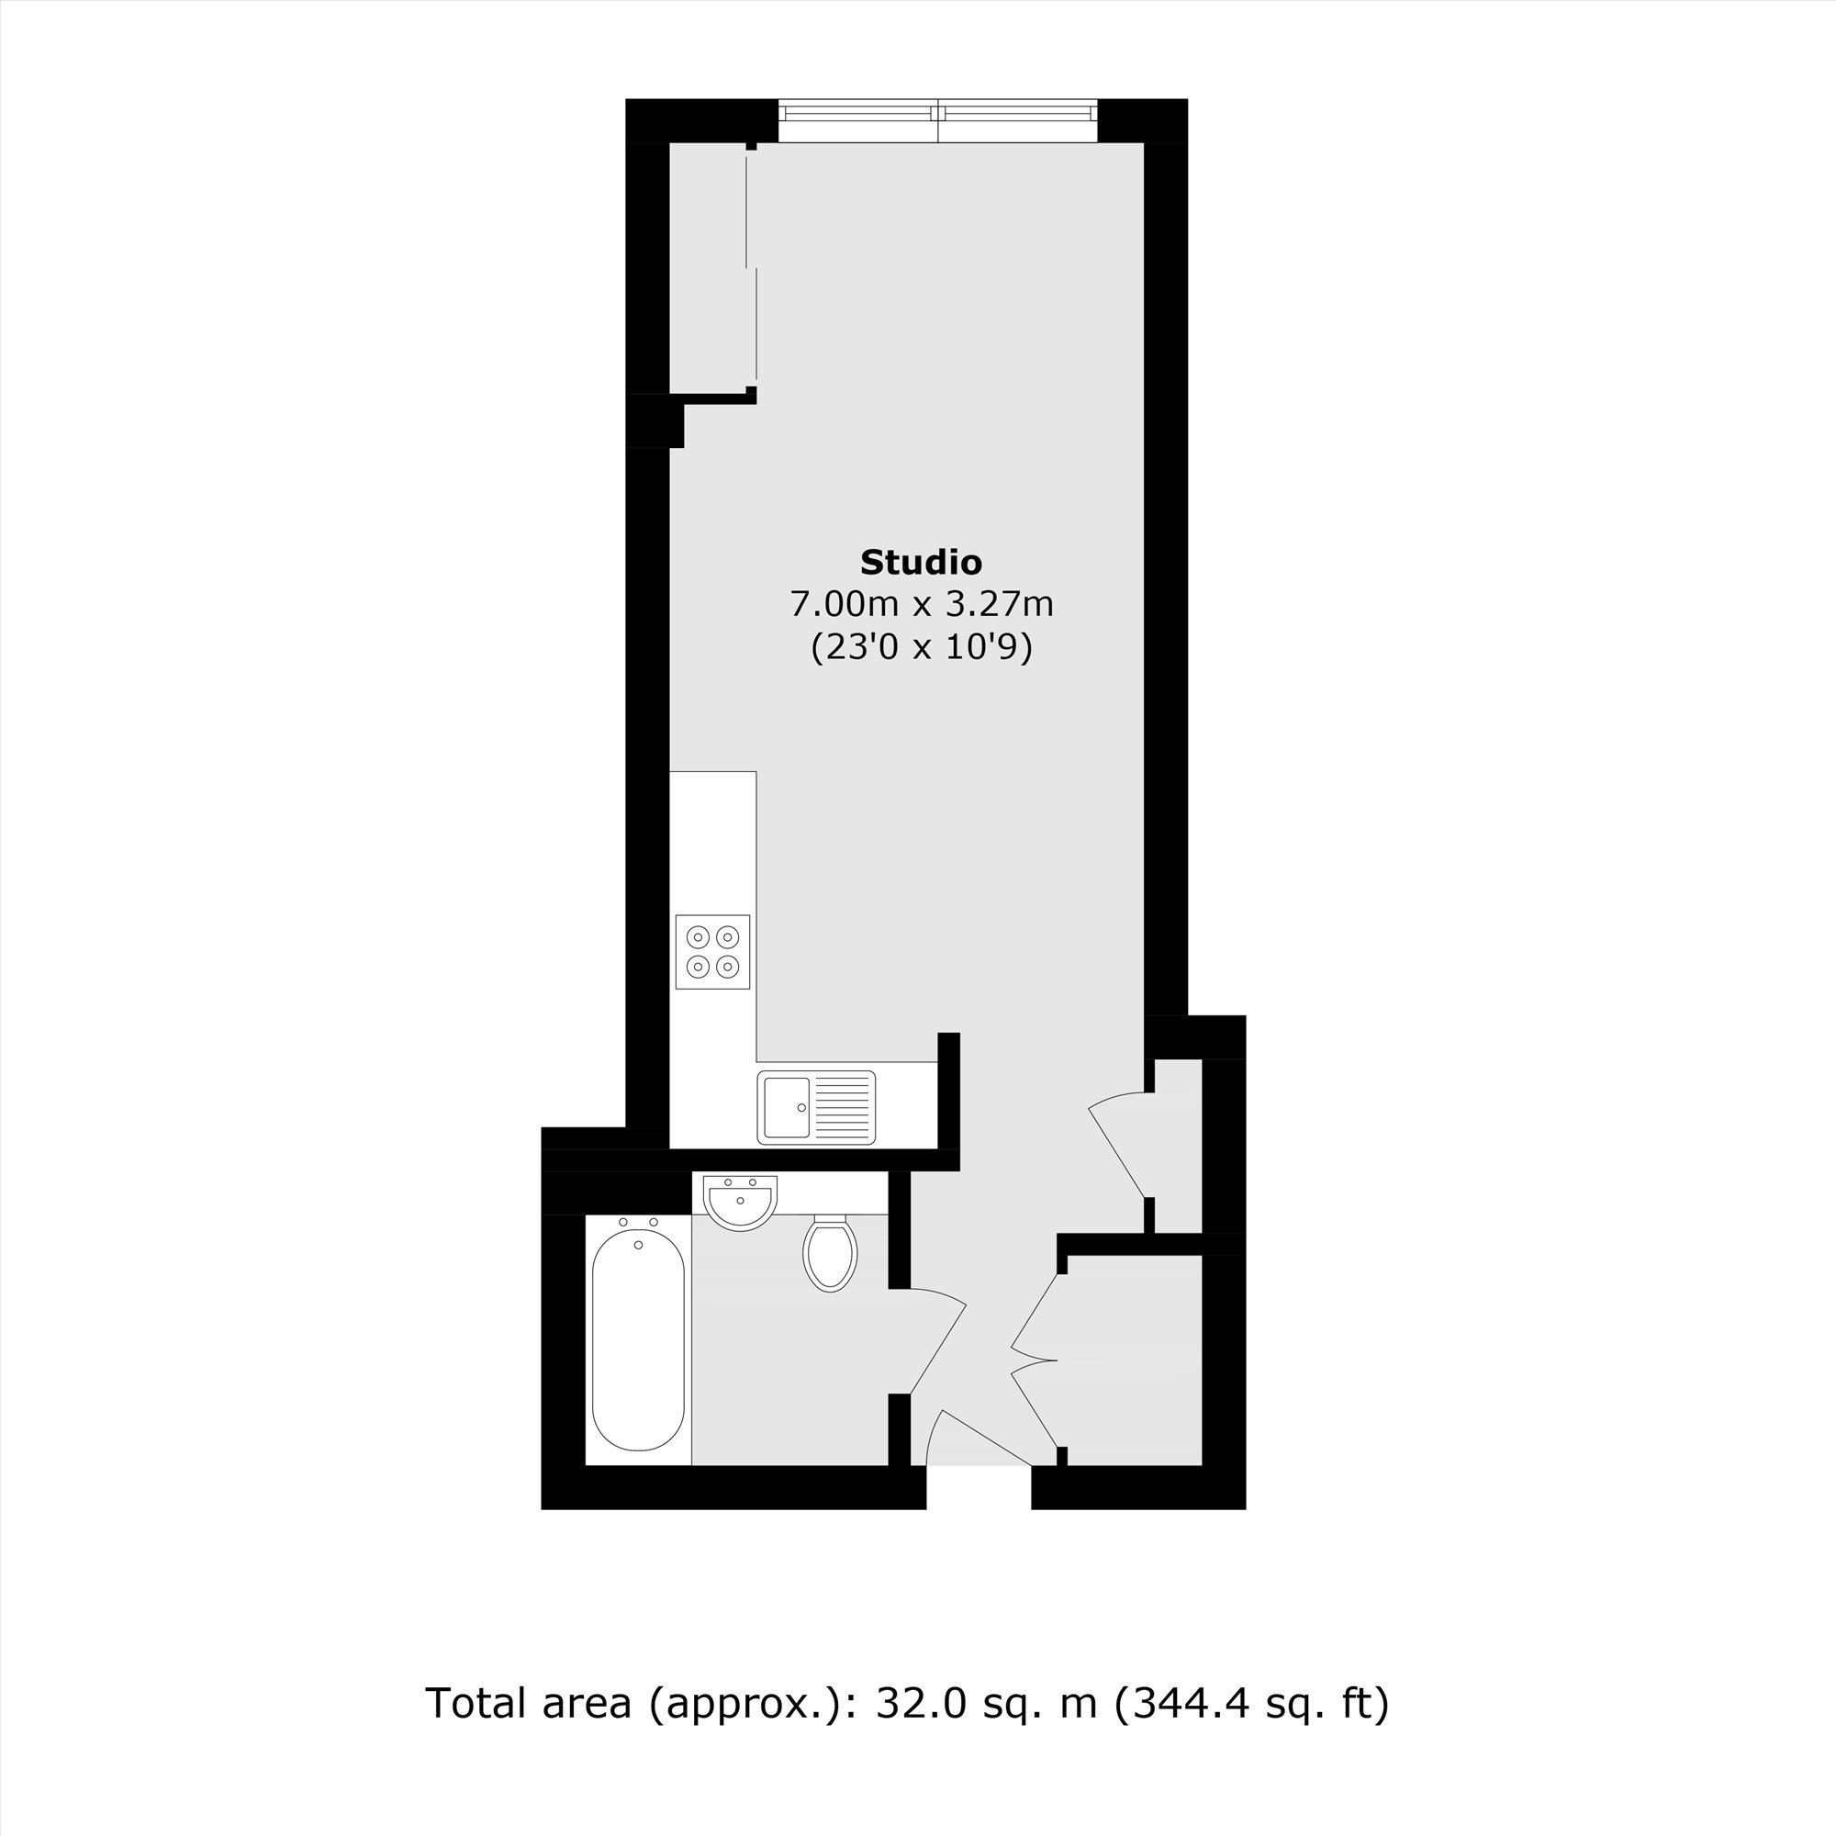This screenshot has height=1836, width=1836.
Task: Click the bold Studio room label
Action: tap(921, 563)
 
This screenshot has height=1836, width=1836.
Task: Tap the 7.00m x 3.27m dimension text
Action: tap(922, 604)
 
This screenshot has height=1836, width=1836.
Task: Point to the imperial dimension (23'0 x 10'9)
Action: tap(922, 648)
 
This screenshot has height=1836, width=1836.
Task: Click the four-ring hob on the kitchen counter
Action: tap(712, 952)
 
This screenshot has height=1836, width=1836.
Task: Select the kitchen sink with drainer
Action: tap(816, 1107)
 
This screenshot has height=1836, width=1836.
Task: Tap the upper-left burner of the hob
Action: tap(699, 938)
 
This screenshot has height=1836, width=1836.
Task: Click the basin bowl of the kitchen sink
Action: tap(786, 1107)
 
